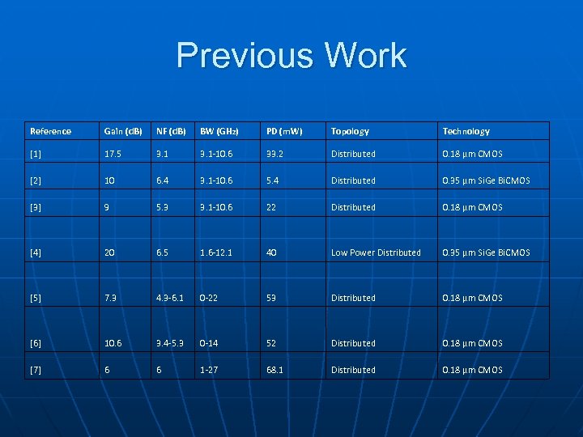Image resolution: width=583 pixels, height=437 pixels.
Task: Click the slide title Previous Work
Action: coord(291,56)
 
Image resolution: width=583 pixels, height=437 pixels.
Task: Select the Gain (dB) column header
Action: coord(123,131)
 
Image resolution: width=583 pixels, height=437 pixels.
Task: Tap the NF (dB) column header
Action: coord(171,131)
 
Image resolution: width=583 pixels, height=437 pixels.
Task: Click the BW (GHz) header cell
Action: coord(219,131)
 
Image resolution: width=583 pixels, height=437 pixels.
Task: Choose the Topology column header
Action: coord(350,131)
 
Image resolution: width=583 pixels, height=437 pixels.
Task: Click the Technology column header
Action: coord(466,131)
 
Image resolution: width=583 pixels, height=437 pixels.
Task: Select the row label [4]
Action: coord(36,252)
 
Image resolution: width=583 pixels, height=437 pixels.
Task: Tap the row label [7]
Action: coord(36,370)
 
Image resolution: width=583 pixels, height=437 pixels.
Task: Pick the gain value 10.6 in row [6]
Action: coord(113,343)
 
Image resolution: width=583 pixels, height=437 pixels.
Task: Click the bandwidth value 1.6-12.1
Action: coord(216,252)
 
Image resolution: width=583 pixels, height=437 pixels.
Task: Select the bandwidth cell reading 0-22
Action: coord(210,298)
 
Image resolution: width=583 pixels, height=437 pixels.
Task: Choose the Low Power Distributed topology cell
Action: coord(376,252)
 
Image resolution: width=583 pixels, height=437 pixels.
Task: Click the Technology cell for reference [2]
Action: coord(486,180)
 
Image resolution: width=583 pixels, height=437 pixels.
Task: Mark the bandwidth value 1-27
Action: coord(210,370)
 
